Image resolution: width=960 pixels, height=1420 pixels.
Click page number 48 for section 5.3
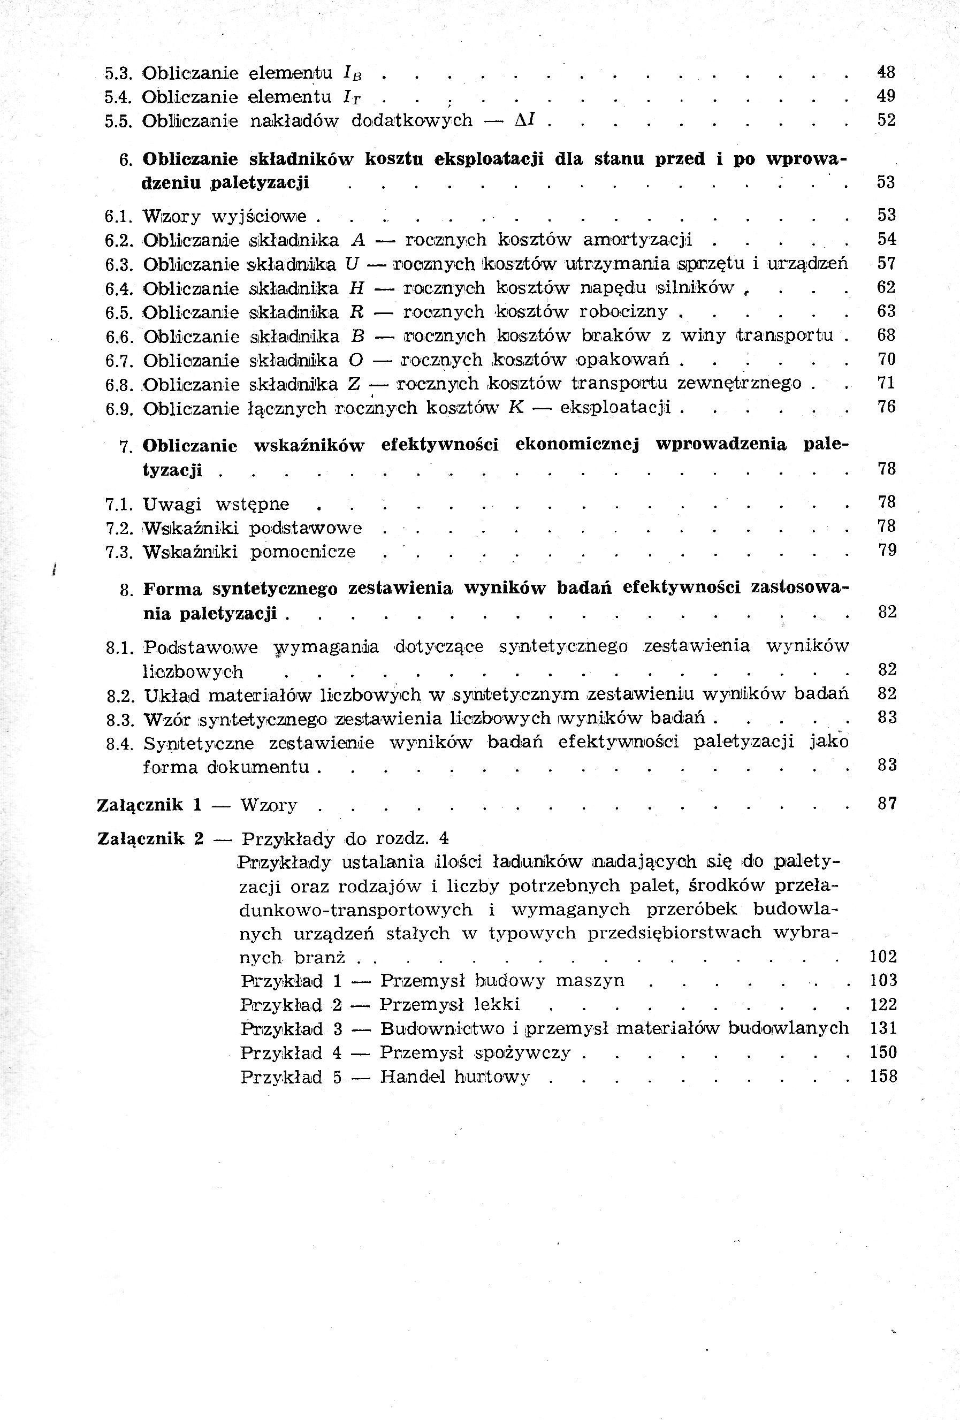click(x=886, y=72)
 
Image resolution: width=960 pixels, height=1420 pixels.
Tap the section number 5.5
click(x=119, y=121)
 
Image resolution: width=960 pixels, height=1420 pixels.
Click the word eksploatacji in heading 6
click(x=488, y=159)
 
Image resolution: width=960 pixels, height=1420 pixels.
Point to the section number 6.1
click(x=119, y=216)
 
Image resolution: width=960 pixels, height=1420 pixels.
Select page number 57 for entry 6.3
click(x=886, y=263)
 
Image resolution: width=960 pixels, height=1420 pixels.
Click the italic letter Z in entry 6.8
click(x=353, y=384)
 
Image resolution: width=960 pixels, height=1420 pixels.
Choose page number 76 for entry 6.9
click(x=886, y=407)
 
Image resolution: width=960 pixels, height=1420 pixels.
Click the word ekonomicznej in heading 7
click(x=577, y=444)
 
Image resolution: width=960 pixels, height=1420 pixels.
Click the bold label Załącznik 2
click(x=150, y=838)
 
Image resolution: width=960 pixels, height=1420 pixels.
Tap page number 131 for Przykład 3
click(x=883, y=1028)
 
